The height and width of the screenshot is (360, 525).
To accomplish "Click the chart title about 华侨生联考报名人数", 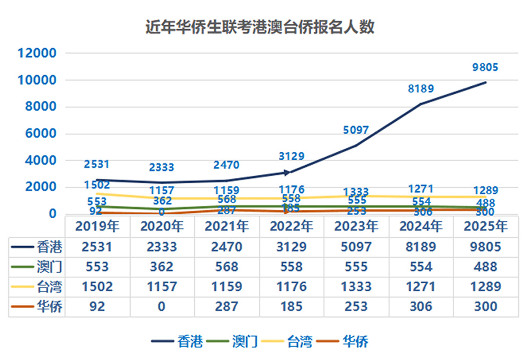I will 260,27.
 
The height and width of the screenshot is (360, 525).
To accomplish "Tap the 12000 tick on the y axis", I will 37,53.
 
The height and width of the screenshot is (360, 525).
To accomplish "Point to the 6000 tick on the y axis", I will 40,134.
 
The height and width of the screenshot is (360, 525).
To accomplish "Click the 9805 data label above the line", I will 485,67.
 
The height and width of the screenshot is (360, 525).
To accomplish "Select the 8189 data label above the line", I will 421,89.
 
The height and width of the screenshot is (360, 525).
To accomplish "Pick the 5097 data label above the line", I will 356,130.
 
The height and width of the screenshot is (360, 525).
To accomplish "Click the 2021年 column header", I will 227,227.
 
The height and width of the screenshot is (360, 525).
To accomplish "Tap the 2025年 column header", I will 485,227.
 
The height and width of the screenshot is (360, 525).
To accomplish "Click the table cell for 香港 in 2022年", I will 292,247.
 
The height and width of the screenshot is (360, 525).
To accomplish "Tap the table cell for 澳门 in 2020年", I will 162,267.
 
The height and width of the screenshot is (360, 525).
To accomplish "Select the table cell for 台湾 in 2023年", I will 356,287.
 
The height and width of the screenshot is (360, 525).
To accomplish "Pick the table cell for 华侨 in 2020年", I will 162,307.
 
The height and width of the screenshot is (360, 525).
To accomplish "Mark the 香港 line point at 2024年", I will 421,104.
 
